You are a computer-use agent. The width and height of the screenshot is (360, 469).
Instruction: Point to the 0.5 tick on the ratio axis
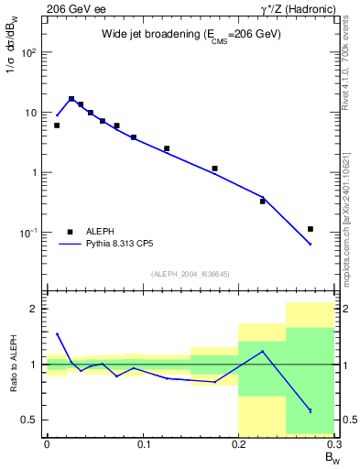coord(32,420)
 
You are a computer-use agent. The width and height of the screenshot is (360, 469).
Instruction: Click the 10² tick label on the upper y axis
coord(29,52)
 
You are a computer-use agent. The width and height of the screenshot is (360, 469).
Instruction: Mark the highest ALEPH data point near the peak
coord(71,99)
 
